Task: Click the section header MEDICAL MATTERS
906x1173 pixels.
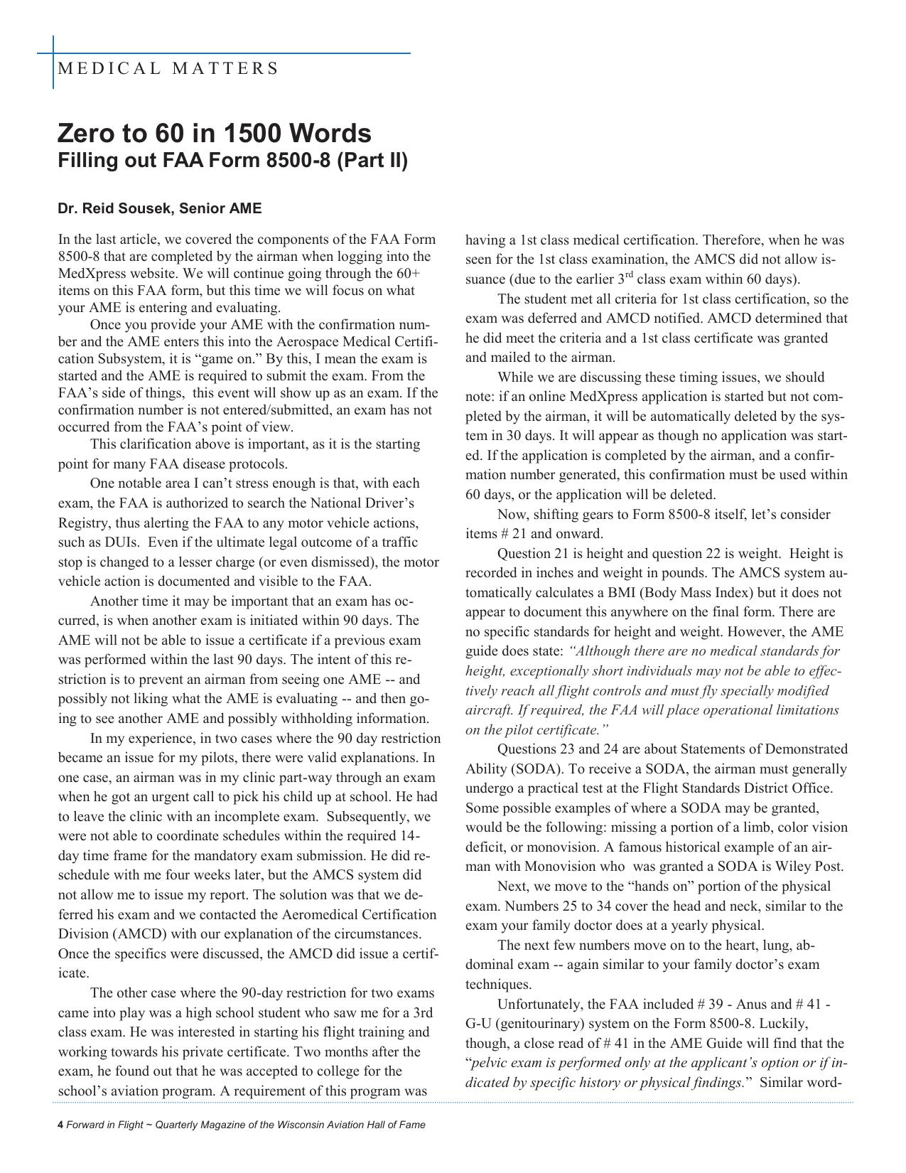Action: (168, 69)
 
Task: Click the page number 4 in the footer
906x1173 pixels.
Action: (60, 1125)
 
